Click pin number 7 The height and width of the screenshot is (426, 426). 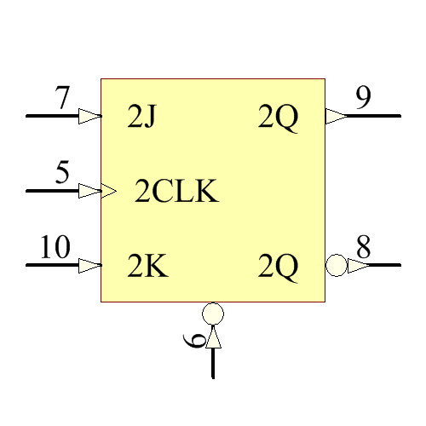62,99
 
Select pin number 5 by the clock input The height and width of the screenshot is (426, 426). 62,173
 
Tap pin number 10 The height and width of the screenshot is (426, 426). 55,248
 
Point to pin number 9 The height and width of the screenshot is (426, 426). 363,99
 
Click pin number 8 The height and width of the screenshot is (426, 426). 363,248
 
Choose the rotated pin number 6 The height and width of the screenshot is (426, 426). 195,342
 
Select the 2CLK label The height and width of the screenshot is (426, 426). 177,193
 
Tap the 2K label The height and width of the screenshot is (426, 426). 147,268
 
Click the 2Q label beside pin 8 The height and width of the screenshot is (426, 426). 279,268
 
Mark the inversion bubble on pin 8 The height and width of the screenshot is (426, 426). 336,265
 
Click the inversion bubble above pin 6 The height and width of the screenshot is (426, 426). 213,313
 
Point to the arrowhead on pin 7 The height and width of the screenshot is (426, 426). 89,116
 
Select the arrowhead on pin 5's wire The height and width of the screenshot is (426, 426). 89,191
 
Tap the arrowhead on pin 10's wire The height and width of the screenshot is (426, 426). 89,265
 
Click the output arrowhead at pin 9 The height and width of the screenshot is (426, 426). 336,116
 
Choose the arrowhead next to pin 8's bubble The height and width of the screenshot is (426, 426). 357,265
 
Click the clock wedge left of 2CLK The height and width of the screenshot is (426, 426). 108,191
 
